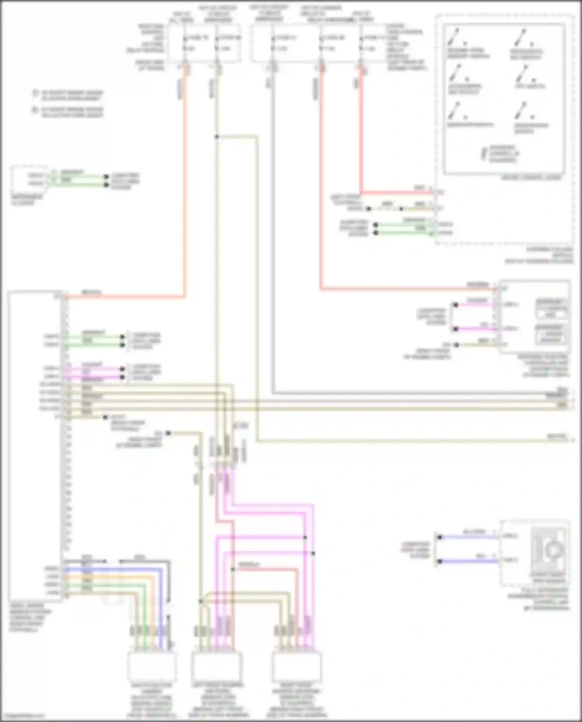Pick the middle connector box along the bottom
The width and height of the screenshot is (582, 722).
tap(217, 667)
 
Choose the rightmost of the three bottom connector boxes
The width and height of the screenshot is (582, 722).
tap(297, 667)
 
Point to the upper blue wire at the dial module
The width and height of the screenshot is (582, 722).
tap(469, 537)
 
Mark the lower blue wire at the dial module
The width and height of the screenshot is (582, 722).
tap(469, 561)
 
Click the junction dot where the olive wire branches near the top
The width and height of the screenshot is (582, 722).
tap(217, 137)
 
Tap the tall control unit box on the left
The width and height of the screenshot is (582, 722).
tap(35, 446)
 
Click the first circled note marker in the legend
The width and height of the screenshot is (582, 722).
tap(35, 93)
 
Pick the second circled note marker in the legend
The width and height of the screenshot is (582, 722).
tap(35, 110)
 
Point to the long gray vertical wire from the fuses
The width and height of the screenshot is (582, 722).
tap(274, 233)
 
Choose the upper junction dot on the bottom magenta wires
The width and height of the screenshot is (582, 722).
tap(305, 537)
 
